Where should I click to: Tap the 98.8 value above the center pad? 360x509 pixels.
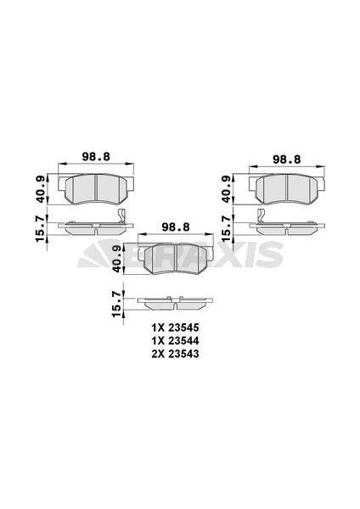[x=174, y=227]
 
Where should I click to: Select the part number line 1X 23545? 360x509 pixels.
[x=174, y=326]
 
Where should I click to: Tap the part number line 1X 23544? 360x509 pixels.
[x=174, y=338]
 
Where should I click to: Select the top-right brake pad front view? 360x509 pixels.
[x=288, y=188]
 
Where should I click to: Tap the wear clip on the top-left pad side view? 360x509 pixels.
[x=124, y=217]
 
